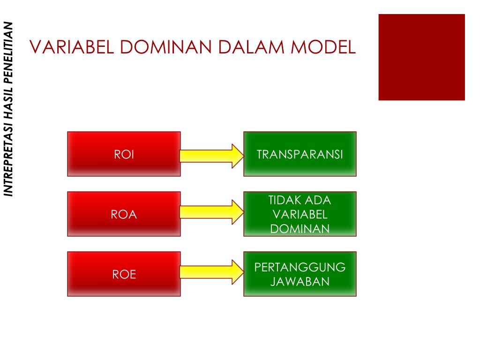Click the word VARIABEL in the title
(x=72, y=47)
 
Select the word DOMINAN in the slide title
(x=165, y=47)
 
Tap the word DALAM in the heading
(x=251, y=47)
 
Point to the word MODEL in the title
(x=323, y=47)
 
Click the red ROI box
(x=124, y=154)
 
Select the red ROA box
(x=124, y=214)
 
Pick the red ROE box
(x=124, y=274)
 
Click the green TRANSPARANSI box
(x=300, y=154)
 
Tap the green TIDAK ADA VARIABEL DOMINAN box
(x=300, y=214)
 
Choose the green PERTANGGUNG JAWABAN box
(x=300, y=274)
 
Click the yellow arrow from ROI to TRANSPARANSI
(x=212, y=156)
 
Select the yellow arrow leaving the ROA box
(x=212, y=212)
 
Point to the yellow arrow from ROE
(x=212, y=272)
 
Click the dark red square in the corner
(x=421, y=57)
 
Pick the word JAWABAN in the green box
(x=300, y=281)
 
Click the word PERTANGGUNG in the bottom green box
(x=300, y=267)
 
